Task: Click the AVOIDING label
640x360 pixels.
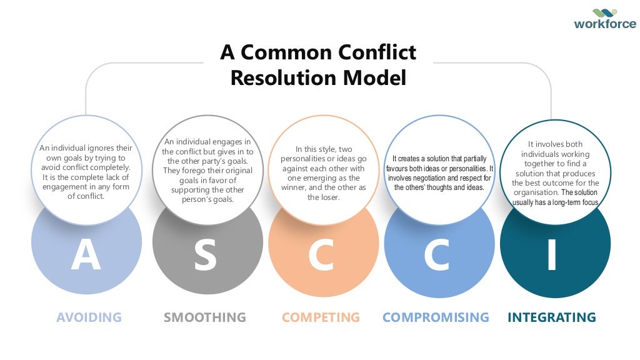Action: click(89, 317)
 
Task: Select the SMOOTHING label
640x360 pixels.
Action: click(205, 317)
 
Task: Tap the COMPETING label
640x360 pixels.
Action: click(321, 317)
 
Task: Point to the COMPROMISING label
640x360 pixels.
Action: click(436, 317)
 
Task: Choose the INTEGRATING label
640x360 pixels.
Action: click(552, 317)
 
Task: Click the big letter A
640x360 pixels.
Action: click(86, 256)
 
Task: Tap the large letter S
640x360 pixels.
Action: click(205, 256)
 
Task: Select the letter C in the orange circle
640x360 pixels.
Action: click(321, 256)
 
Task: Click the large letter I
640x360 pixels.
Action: click(551, 256)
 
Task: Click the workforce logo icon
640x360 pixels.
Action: click(605, 13)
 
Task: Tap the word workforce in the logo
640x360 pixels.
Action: click(605, 25)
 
